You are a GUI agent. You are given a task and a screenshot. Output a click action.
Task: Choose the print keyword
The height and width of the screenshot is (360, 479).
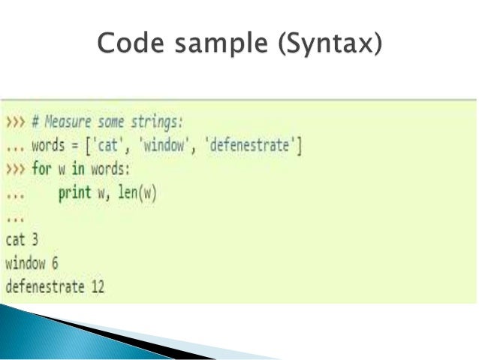pos(74,192)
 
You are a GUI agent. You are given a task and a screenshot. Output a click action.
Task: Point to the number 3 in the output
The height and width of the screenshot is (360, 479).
pos(34,240)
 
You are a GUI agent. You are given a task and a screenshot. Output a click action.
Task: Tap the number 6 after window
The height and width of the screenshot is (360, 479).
pos(54,263)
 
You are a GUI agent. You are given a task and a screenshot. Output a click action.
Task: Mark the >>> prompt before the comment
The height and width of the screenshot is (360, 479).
pos(14,123)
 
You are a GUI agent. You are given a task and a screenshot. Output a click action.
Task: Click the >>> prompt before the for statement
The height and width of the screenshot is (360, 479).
pos(14,169)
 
